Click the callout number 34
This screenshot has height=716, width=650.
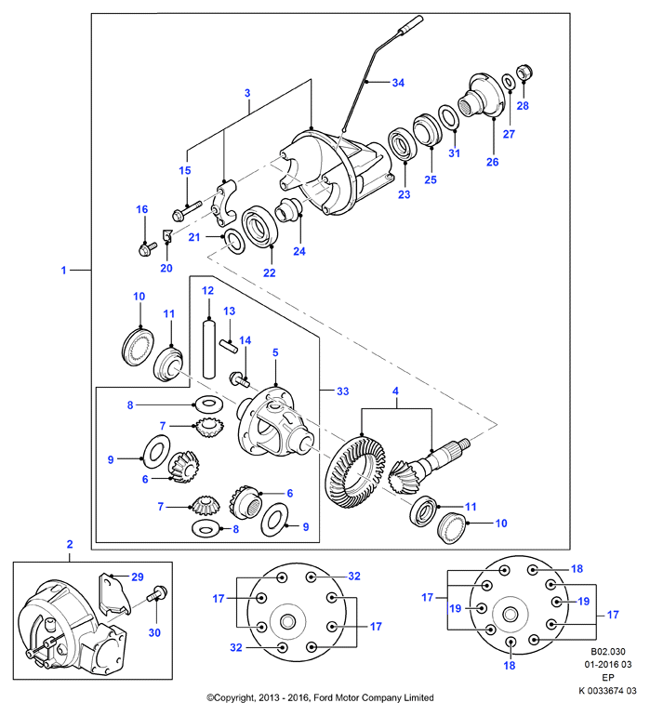pos(398,83)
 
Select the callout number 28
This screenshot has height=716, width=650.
pos(523,105)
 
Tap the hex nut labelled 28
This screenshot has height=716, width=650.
pos(524,73)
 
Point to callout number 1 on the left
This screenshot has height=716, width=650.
pos(63,271)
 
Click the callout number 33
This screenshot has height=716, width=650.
pos(342,391)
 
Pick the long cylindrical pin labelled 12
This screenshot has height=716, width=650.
pos(208,350)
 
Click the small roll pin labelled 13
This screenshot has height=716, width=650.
pos(229,346)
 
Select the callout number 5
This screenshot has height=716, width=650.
pos(275,352)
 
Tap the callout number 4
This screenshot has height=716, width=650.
pos(395,391)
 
